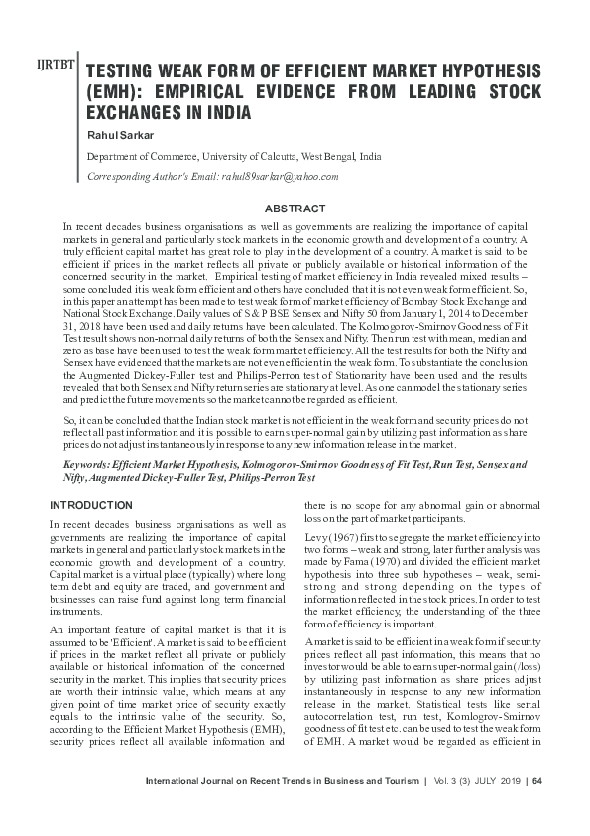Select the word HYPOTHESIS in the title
coord(483,72)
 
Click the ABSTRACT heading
coord(295,209)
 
